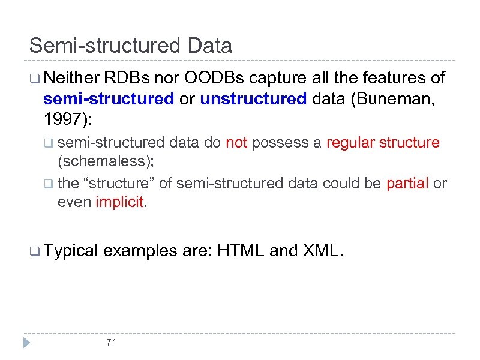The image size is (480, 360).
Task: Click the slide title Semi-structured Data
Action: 131,46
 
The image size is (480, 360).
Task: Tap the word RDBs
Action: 127,78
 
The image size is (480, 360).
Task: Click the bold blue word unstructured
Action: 253,99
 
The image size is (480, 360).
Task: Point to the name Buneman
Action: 392,99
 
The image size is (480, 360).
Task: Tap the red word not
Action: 236,143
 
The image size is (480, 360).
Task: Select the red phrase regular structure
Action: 383,143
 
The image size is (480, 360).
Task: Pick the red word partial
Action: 407,183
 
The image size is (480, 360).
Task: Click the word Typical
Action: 71,251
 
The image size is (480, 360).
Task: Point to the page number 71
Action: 110,343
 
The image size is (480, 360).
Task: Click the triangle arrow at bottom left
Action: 26,343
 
